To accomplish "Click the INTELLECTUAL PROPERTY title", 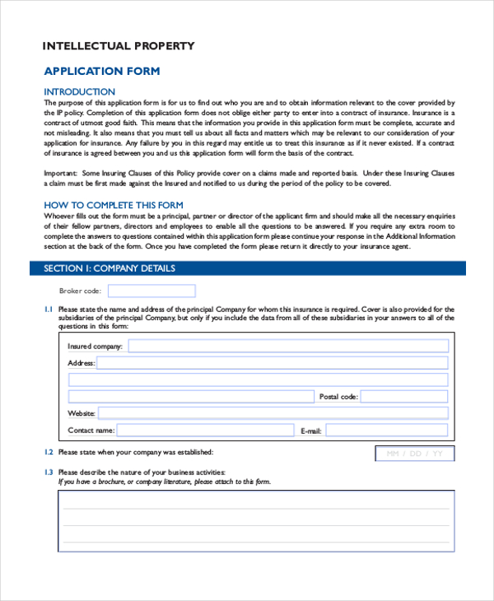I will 119,46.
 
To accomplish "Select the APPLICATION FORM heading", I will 101,72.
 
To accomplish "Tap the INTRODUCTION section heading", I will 79,91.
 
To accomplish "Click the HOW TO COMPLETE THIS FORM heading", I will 113,205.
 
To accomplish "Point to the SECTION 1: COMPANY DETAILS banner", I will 109,268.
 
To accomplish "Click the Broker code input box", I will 151,291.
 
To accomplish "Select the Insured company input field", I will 287,347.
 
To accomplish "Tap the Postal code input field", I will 404,397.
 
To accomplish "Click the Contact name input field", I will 205,430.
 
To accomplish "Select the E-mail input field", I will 387,430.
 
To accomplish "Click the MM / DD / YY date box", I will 414,454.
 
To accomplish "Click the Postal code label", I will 338,397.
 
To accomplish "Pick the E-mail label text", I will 310,431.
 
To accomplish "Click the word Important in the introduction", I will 60,175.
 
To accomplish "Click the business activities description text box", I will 256,520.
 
